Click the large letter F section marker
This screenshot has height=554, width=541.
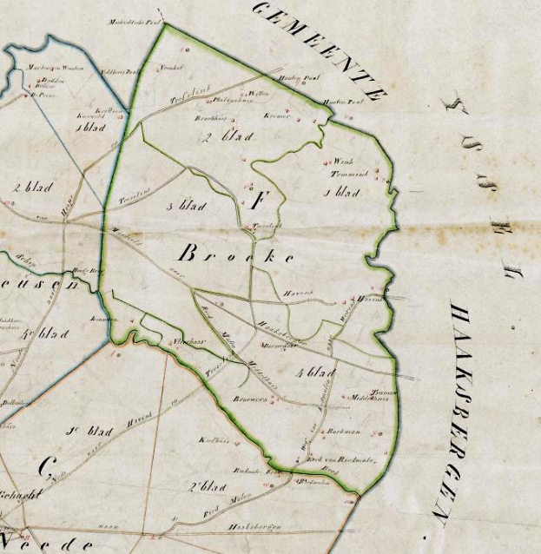point(256,202)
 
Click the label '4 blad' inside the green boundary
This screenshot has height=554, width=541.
point(314,373)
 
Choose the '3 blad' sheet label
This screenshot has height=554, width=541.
point(183,206)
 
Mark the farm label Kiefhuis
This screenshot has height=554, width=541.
point(214,439)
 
